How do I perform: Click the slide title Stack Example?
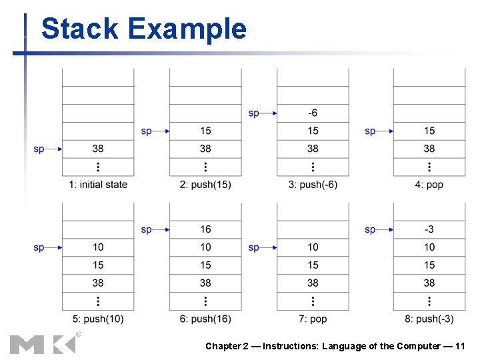coord(143,29)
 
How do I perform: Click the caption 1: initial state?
coord(98,185)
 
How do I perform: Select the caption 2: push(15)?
coord(205,185)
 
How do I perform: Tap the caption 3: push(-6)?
coord(313,185)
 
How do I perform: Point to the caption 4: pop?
coord(429,185)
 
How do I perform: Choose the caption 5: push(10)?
coord(98,319)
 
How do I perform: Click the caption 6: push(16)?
coord(205,319)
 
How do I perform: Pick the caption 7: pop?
coord(313,319)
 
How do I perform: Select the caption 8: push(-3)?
coord(429,319)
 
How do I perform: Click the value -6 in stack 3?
coord(313,113)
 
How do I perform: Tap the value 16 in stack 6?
coord(205,229)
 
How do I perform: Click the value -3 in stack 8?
coord(429,229)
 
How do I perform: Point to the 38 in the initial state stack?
coord(98,149)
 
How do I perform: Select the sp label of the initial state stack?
coord(39,149)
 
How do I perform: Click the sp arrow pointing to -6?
coord(269,113)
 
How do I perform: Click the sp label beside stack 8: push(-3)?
coord(370,230)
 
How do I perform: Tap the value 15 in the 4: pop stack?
coord(429,131)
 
